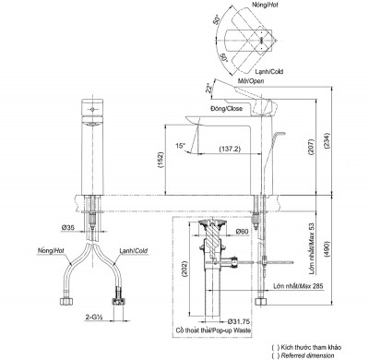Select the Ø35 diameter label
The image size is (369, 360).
pyautogui.click(x=69, y=226)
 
